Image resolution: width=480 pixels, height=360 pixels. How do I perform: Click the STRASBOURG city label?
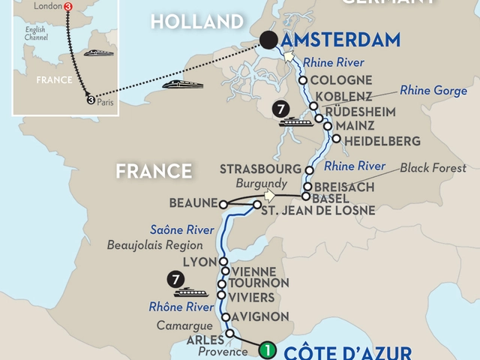point(263,167)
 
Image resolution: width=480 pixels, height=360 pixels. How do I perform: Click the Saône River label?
point(175,229)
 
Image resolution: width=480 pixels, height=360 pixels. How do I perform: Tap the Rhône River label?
point(175,304)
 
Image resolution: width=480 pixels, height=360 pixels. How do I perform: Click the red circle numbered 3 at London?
point(70,6)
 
